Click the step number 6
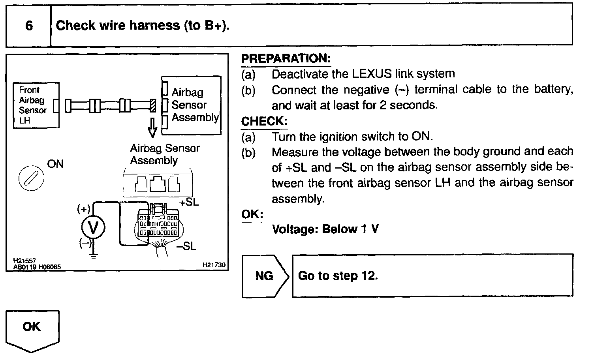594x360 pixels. [29, 26]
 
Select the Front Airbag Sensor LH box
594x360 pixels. [36, 105]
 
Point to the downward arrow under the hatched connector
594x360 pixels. [152, 127]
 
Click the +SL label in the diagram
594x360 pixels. [189, 202]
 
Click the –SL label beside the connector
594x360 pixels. [186, 246]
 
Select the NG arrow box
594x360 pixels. [265, 276]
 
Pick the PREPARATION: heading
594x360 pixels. [286, 58]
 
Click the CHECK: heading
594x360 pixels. [264, 121]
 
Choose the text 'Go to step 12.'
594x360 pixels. [338, 276]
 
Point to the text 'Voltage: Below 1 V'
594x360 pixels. [325, 229]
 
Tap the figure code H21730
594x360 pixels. [214, 265]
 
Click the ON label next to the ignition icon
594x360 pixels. [55, 164]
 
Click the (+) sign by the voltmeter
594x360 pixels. [84, 209]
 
